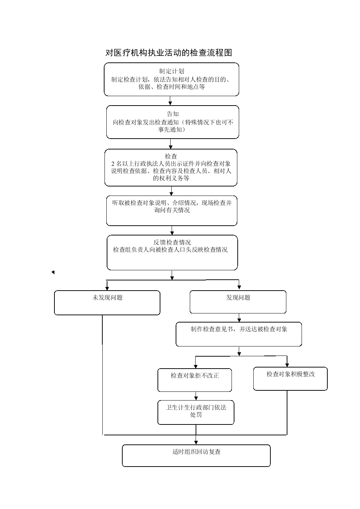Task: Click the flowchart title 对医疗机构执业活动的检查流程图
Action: coord(169,53)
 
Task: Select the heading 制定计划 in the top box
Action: coord(172,71)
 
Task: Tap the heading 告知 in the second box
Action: coord(173,114)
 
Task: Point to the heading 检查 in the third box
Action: coord(171,156)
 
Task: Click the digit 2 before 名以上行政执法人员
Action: coord(113,164)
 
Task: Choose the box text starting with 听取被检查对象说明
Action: coord(172,206)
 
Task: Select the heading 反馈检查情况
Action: coord(172,242)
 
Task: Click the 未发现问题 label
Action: coord(107,297)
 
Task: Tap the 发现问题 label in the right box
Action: coord(238,297)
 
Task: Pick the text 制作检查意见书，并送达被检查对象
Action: coord(239,329)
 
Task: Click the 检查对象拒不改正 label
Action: coord(195,375)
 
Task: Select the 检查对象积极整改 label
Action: coord(291,374)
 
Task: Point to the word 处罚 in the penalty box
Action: coord(196,414)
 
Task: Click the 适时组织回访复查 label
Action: coord(196,452)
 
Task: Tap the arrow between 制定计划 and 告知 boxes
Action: coord(170,100)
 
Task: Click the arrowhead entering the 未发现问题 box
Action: coord(107,288)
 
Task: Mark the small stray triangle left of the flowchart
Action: coord(53,272)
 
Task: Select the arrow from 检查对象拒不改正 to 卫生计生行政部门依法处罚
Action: coord(196,396)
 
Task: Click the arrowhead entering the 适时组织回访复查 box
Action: coord(196,443)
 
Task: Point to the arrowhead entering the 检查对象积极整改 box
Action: coord(287,365)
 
